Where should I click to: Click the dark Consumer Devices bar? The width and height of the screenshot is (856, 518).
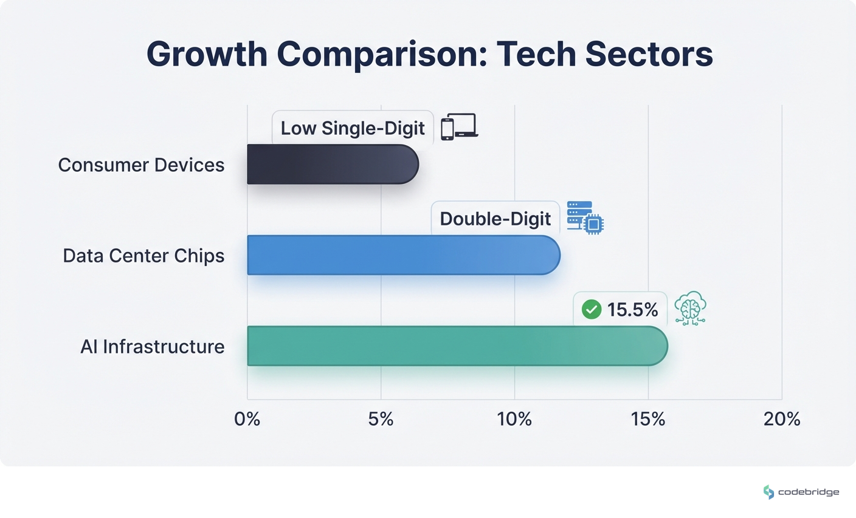[333, 164]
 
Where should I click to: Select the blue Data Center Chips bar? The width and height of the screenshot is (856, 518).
[403, 255]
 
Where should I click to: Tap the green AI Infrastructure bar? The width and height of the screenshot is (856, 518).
[457, 346]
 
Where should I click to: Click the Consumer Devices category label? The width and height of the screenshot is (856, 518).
[141, 165]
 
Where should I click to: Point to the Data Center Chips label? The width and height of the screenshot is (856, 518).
[143, 256]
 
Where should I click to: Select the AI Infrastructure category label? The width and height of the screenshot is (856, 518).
[152, 347]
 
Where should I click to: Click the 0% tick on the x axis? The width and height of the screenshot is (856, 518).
[247, 419]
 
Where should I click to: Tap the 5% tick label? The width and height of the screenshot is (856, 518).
[381, 419]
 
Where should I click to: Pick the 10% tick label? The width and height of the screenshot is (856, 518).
[514, 419]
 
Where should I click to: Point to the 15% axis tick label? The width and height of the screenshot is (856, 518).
[648, 419]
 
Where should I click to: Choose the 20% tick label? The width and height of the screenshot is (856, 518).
[782, 419]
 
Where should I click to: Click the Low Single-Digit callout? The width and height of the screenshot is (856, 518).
[353, 128]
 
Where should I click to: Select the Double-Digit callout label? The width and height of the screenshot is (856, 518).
[495, 219]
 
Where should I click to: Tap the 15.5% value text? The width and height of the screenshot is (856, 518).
[632, 310]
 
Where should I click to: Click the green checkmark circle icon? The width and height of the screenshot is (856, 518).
[591, 310]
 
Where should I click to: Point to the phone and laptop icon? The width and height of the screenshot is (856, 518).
[459, 127]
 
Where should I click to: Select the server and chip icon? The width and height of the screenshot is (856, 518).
[585, 218]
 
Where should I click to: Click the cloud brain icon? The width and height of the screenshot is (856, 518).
[690, 308]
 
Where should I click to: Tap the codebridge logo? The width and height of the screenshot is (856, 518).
[801, 492]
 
